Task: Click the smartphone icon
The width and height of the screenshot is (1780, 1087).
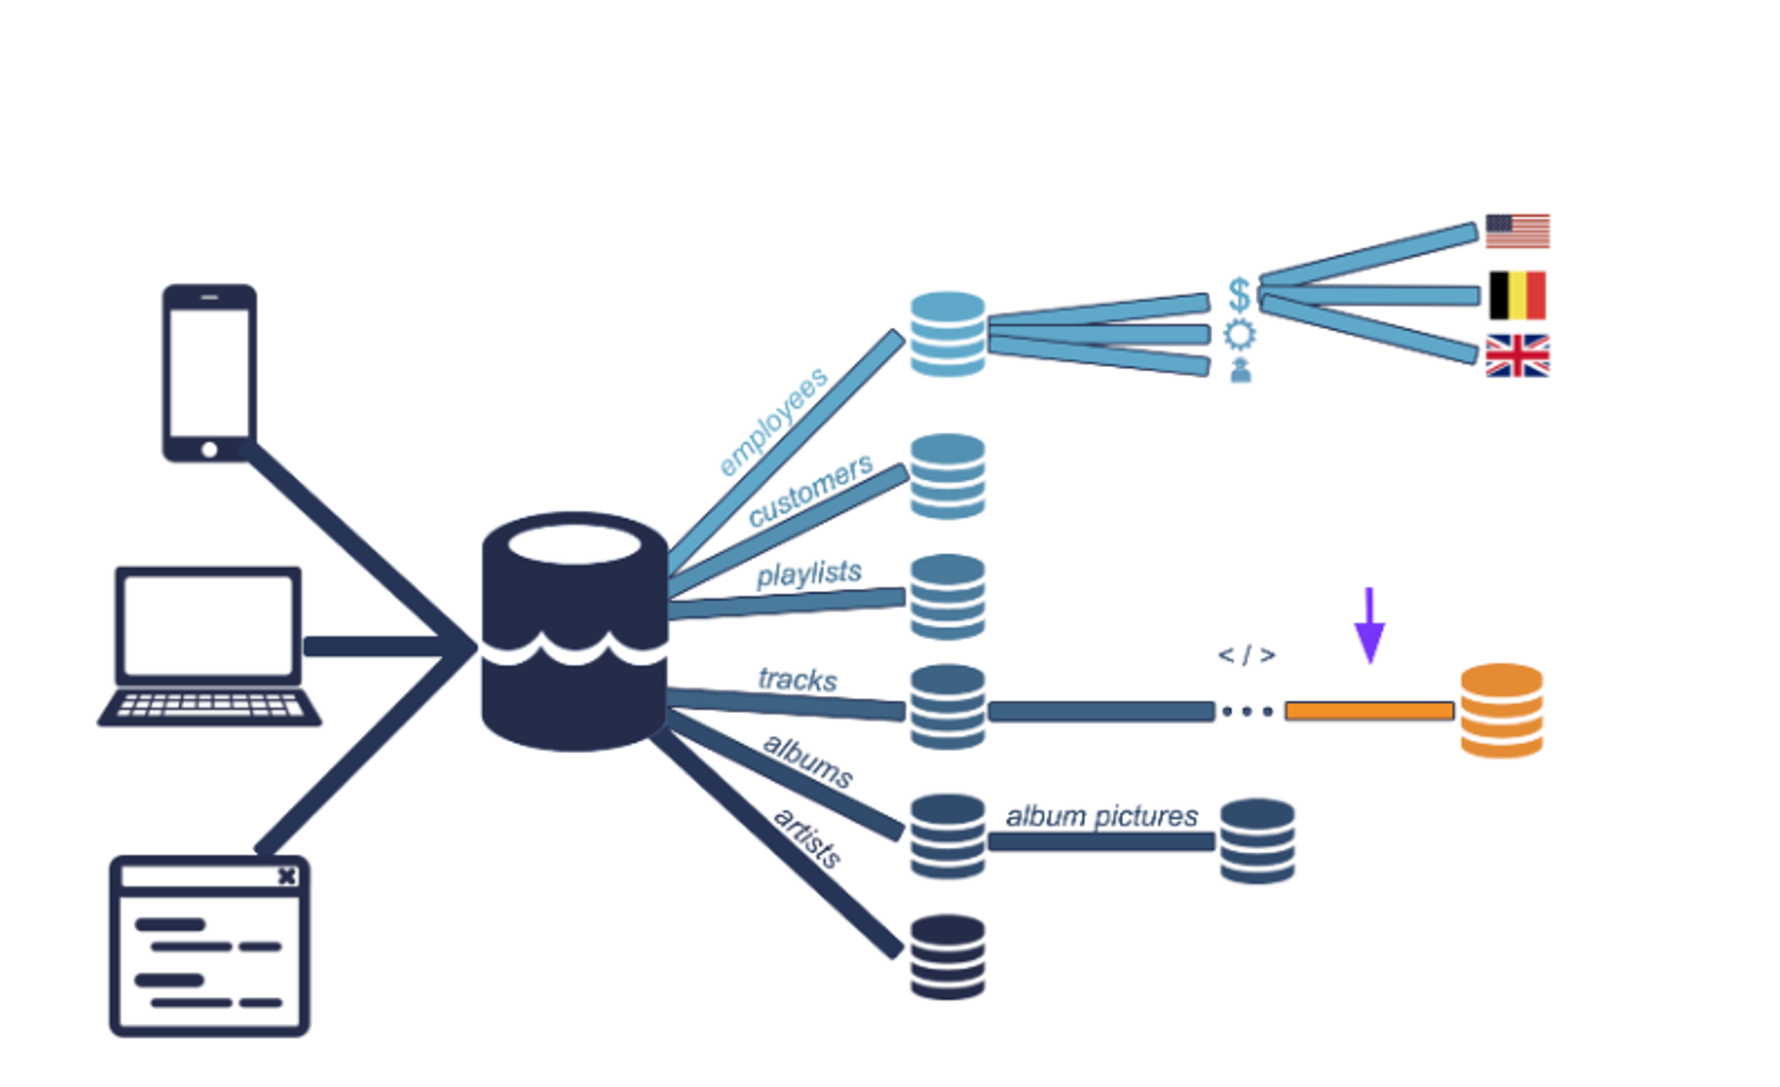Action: click(x=209, y=372)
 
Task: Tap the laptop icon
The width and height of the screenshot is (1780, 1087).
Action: click(x=209, y=645)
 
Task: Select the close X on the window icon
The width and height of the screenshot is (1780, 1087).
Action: click(x=287, y=876)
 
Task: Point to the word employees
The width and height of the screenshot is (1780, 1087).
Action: click(x=773, y=422)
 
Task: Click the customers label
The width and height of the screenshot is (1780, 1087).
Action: click(x=810, y=491)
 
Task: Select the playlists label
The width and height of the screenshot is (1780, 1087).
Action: click(x=809, y=574)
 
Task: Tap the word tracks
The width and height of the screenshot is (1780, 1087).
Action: click(x=797, y=680)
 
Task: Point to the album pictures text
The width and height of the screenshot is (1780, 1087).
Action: click(x=1102, y=816)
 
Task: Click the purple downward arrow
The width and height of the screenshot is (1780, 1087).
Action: click(x=1369, y=627)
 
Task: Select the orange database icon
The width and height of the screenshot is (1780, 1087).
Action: click(x=1501, y=710)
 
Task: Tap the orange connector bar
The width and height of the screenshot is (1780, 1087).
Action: click(x=1369, y=711)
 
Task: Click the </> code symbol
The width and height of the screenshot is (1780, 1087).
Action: click(x=1246, y=656)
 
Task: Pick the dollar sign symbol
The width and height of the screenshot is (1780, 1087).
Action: click(x=1239, y=295)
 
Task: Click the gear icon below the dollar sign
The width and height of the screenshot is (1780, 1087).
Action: click(x=1240, y=335)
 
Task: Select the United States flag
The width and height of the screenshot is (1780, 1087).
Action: click(x=1517, y=231)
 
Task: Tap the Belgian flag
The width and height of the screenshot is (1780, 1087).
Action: click(x=1517, y=296)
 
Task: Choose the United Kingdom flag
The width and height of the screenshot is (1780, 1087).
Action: click(x=1517, y=356)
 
